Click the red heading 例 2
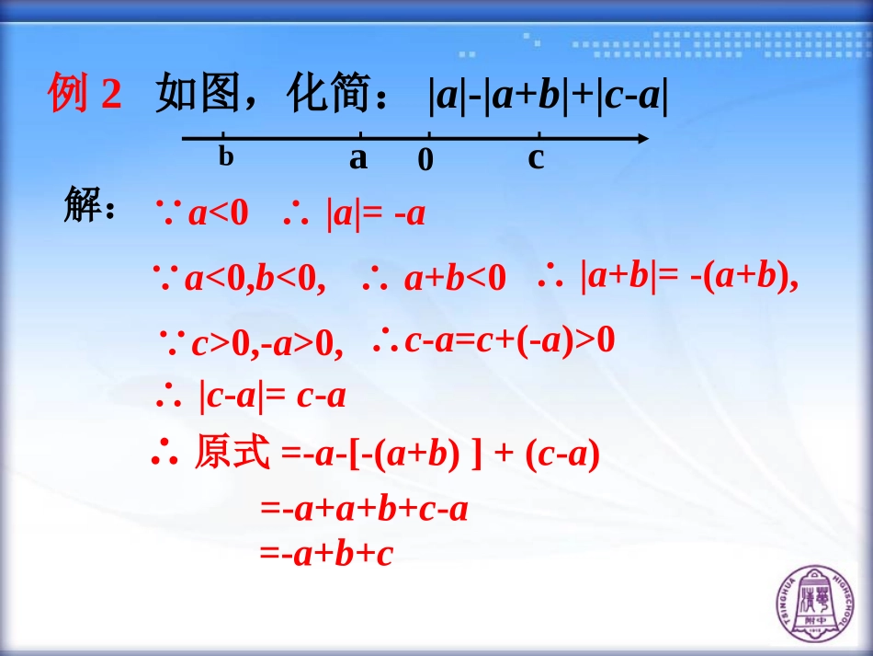(x=85, y=95)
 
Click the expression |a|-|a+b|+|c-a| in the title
(x=548, y=96)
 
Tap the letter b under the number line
(x=226, y=156)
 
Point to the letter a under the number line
(x=357, y=158)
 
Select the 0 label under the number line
(x=425, y=161)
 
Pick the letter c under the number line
(x=536, y=158)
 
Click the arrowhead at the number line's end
(x=641, y=139)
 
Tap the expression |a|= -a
(x=375, y=214)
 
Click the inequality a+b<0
(x=454, y=278)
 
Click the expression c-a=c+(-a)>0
(x=509, y=341)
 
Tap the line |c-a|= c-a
(x=271, y=397)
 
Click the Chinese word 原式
(x=232, y=454)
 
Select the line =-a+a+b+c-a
(x=364, y=509)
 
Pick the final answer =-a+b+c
(x=326, y=554)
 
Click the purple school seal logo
(x=813, y=604)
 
